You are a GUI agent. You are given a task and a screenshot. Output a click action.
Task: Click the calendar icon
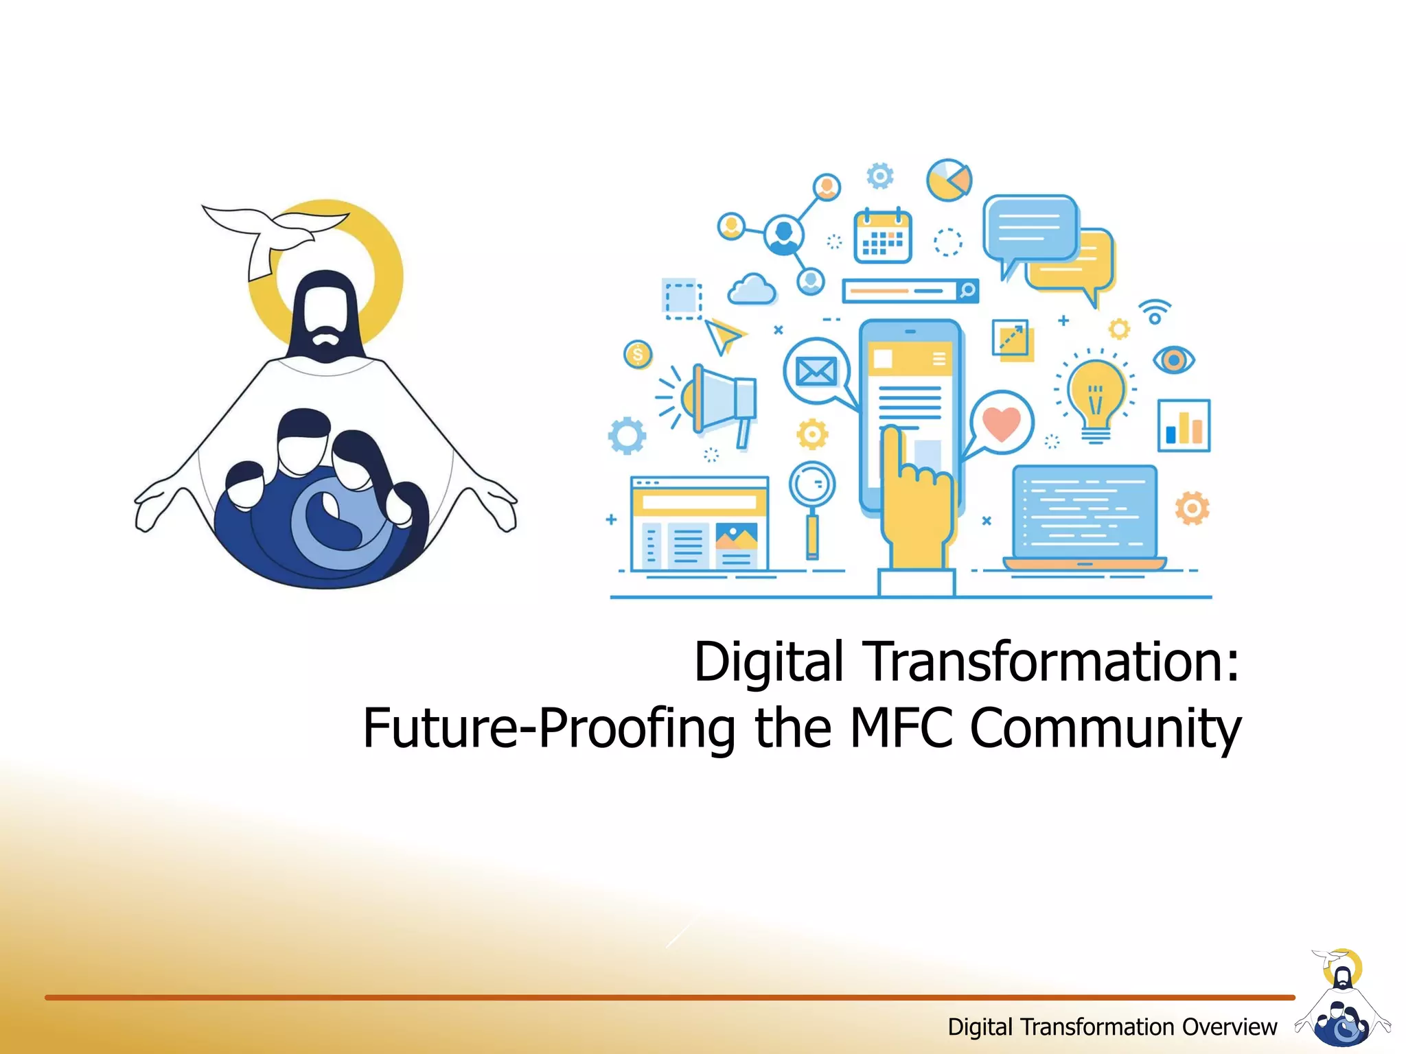tap(882, 237)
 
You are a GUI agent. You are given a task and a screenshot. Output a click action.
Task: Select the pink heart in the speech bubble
tap(1001, 422)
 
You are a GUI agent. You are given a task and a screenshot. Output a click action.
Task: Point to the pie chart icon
tap(949, 180)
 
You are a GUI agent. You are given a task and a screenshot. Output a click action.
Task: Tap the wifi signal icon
tap(1155, 312)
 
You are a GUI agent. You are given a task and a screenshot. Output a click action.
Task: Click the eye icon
tap(1173, 360)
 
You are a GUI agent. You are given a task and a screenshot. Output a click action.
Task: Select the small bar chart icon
tap(1184, 425)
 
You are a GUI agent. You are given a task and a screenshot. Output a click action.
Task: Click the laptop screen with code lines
tap(1085, 512)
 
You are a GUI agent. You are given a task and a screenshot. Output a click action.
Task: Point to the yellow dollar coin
tap(638, 355)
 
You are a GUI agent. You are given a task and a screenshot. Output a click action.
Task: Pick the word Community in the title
tap(1105, 729)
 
